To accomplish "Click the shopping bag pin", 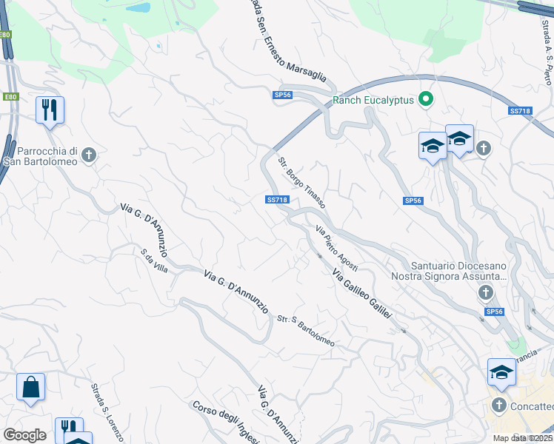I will click(30, 387).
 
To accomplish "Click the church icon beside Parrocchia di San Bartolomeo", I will click(90, 155).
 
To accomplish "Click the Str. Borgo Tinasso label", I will click(301, 182).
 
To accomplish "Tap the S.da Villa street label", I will click(154, 260).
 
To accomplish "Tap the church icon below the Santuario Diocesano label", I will click(485, 294).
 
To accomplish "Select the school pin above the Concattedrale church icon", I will click(501, 372).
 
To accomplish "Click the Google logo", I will click(24, 435).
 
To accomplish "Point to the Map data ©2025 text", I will click(523, 438).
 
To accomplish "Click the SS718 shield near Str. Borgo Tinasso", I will click(276, 200).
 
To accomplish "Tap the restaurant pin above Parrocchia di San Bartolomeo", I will click(50, 110).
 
